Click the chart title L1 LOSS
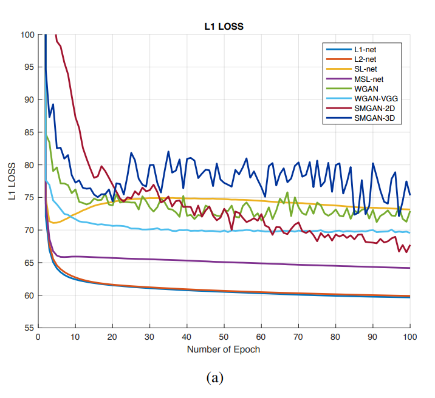point(223,26)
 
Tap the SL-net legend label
point(368,69)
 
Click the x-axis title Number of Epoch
point(224,349)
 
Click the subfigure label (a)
point(216,379)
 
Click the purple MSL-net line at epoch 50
point(224,262)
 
